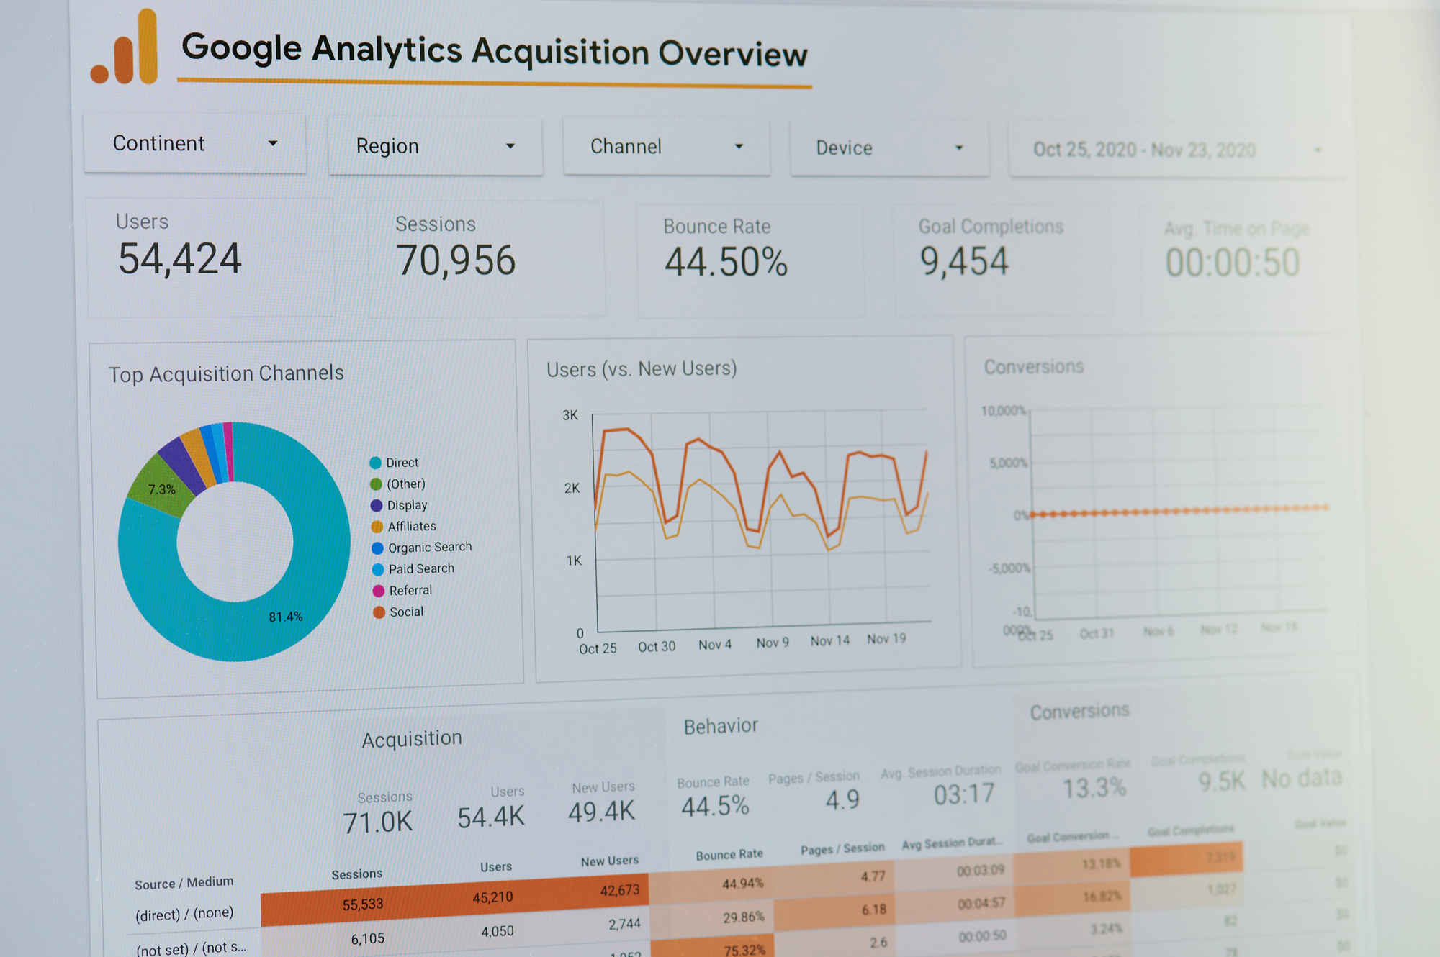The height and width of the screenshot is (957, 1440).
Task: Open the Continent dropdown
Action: (194, 143)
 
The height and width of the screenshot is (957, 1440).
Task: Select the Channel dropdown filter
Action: (666, 147)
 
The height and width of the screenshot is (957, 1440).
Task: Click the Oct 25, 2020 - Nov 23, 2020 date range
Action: (1145, 150)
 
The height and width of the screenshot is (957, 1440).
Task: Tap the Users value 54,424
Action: (179, 259)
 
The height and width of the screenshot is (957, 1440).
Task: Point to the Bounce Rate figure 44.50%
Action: (726, 262)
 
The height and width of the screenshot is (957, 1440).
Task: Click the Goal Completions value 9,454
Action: (964, 260)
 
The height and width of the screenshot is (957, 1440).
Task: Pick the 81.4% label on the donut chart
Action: (286, 617)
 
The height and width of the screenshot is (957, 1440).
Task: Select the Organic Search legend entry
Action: (429, 548)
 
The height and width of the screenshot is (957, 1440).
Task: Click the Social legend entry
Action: (405, 612)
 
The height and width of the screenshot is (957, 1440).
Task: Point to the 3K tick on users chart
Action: (570, 415)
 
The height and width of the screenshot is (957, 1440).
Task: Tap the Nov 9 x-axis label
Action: (772, 643)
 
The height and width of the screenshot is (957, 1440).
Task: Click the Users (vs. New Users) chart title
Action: (642, 369)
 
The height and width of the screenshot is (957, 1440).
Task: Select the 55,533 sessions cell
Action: (363, 904)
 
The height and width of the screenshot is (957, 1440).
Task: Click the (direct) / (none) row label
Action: (184, 914)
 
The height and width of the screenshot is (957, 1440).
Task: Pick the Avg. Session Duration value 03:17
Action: (963, 794)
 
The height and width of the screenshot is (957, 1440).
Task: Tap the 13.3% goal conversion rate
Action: (1094, 788)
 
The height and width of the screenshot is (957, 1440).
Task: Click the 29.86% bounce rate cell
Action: (743, 917)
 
